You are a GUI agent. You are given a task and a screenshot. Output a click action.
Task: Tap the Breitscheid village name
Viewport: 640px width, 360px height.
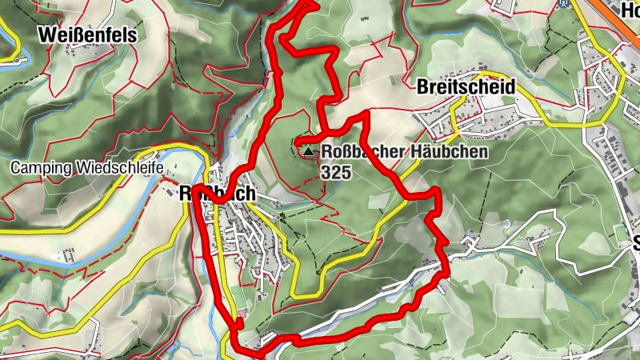(x=466, y=86)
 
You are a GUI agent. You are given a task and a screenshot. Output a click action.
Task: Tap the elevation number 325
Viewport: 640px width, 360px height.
(x=334, y=171)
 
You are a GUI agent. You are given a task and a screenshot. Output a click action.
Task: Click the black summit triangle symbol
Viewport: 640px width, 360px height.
(x=307, y=150)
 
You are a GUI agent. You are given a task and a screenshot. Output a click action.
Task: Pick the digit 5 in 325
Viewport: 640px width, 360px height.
(x=345, y=171)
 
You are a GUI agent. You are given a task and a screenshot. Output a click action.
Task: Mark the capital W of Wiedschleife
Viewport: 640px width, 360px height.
(x=83, y=169)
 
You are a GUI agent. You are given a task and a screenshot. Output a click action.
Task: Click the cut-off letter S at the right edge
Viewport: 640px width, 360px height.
(x=636, y=244)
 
